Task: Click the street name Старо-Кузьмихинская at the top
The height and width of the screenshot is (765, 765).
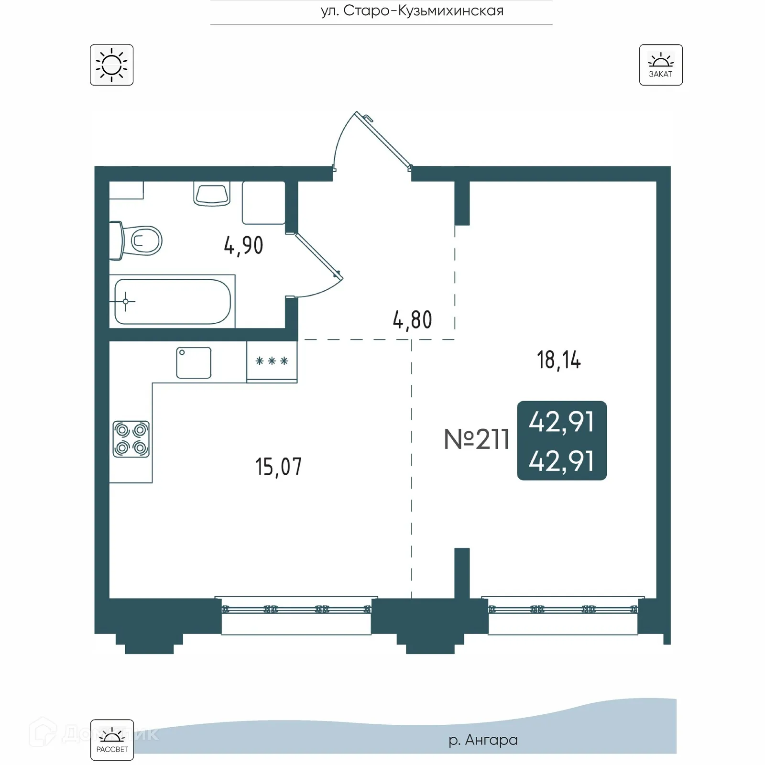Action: (412, 11)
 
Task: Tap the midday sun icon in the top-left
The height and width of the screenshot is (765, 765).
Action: (111, 65)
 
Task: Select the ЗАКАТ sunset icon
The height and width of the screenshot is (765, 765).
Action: (661, 65)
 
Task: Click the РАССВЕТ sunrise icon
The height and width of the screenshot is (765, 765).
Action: (112, 740)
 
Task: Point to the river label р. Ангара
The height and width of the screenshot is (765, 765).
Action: (483, 740)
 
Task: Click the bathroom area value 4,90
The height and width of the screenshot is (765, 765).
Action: (243, 246)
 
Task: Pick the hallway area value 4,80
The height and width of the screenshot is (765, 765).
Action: (412, 320)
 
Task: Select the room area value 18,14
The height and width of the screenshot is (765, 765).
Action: (558, 360)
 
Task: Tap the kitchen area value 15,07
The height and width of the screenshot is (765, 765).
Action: (278, 467)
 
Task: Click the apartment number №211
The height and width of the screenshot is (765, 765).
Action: (476, 439)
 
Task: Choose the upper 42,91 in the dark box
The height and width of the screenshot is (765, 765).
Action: (561, 422)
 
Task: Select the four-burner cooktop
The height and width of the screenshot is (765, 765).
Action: (131, 439)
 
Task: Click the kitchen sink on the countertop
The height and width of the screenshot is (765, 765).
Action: (194, 363)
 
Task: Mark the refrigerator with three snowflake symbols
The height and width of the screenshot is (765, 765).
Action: (272, 362)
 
